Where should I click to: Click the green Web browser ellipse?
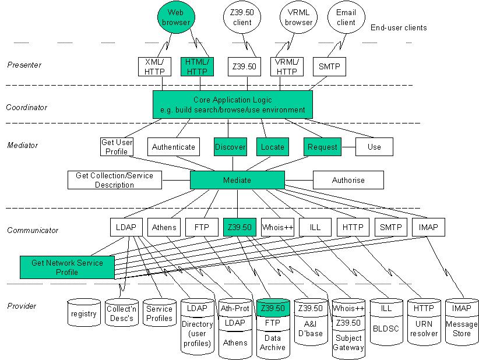pyautogui.click(x=176, y=17)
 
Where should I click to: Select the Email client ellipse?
pyautogui.click(x=346, y=17)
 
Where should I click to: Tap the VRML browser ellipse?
pyautogui.click(x=298, y=17)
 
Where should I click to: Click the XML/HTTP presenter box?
pyautogui.click(x=154, y=66)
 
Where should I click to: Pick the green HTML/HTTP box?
pyautogui.click(x=197, y=66)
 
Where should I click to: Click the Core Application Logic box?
pyautogui.click(x=233, y=104)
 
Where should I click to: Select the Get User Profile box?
pyautogui.click(x=117, y=147)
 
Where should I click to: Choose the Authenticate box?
pyautogui.click(x=174, y=147)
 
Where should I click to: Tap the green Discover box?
pyautogui.click(x=230, y=147)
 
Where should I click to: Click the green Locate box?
pyautogui.click(x=273, y=147)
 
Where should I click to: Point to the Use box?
pyautogui.click(x=374, y=147)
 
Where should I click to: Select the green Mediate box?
pyautogui.click(x=237, y=180)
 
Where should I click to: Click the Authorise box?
pyautogui.click(x=348, y=180)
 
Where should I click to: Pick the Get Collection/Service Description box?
pyautogui.click(x=115, y=180)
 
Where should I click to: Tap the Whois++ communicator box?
pyautogui.click(x=277, y=227)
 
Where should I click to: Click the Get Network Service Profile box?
pyautogui.click(x=67, y=267)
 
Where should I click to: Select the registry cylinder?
pyautogui.click(x=84, y=313)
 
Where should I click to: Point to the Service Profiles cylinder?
pyautogui.click(x=159, y=313)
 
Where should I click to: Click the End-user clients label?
pyautogui.click(x=399, y=28)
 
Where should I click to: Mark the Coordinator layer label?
pyautogui.click(x=27, y=108)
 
